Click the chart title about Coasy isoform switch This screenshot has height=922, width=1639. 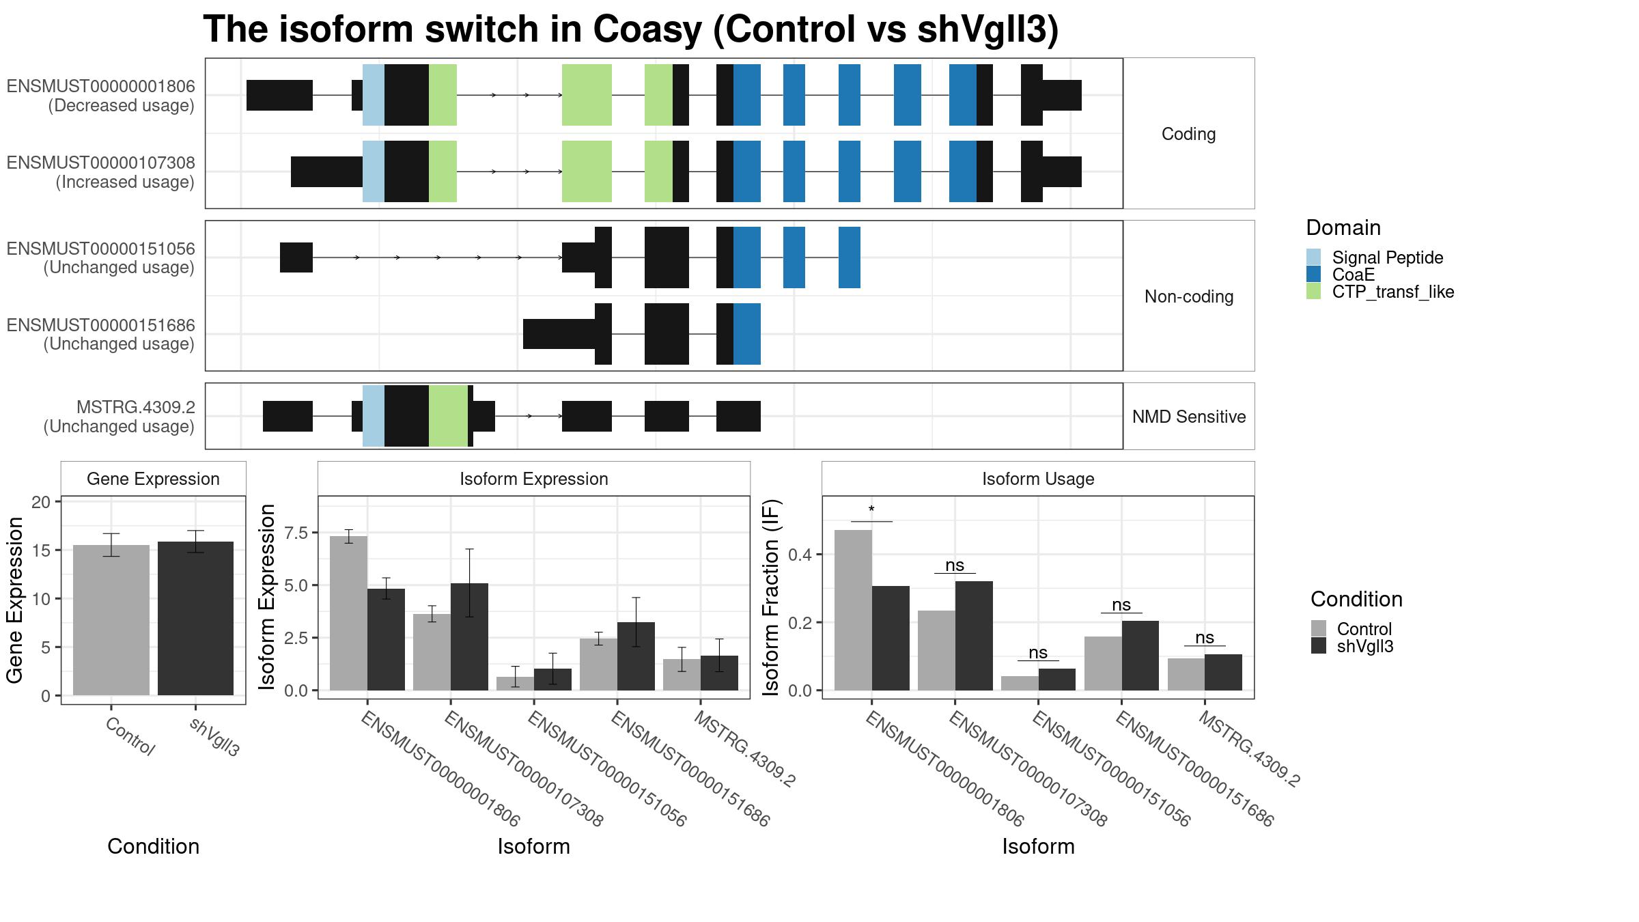pyautogui.click(x=631, y=30)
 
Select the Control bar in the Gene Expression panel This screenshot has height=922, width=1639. pyautogui.click(x=111, y=620)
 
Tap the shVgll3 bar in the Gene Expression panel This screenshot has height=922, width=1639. pyautogui.click(x=195, y=618)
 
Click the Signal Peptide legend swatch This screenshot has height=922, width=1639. pyautogui.click(x=1313, y=257)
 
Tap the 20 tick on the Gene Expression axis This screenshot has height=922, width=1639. pyautogui.click(x=42, y=502)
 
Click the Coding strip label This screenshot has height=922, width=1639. pyautogui.click(x=1188, y=134)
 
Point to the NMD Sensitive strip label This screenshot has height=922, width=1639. pyautogui.click(x=1189, y=417)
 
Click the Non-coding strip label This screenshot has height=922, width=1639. pyautogui.click(x=1189, y=296)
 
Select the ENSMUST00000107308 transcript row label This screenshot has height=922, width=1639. pyautogui.click(x=101, y=172)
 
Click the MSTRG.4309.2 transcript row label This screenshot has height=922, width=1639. pyautogui.click(x=120, y=417)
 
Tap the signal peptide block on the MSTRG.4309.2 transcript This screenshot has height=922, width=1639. pyautogui.click(x=374, y=416)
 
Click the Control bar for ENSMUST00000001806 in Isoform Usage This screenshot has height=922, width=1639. pyautogui.click(x=853, y=610)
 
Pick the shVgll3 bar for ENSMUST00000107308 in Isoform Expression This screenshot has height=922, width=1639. pyautogui.click(x=469, y=637)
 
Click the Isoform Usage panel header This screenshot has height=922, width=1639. pyautogui.click(x=1038, y=479)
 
